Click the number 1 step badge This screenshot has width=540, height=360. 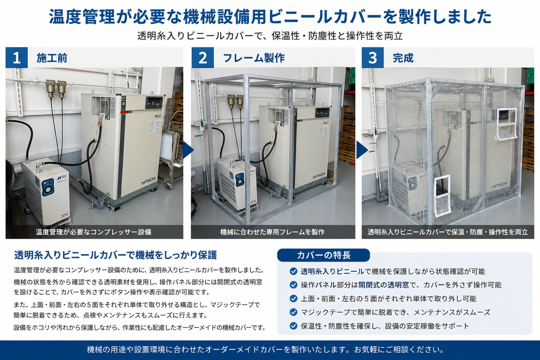coord(16,58)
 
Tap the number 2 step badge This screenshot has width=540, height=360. coord(203,58)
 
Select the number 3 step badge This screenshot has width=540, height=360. coord(373,58)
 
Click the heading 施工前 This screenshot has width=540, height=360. coord(52,58)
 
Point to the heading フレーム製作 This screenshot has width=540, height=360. coord(254,58)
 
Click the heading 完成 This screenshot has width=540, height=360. coord(403,58)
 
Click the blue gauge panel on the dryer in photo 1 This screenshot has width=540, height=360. coord(48,187)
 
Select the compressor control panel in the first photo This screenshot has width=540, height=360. coord(154,103)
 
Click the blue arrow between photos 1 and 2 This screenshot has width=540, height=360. coord(188,150)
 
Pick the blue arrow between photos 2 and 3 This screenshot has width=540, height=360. coord(362,150)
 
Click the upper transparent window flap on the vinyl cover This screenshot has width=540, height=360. coord(507,124)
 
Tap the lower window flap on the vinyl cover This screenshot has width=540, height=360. coord(443,195)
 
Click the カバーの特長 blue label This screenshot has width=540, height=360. coord(324,255)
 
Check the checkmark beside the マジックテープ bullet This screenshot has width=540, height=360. coord(293,312)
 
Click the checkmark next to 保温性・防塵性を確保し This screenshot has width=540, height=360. coord(293,326)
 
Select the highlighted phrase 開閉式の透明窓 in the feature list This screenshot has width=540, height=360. coord(383,285)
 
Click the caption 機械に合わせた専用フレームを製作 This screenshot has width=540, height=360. coord(273,232)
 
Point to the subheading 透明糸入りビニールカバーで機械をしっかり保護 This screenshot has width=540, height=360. coord(116,255)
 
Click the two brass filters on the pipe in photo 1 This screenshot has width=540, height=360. coord(56,89)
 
